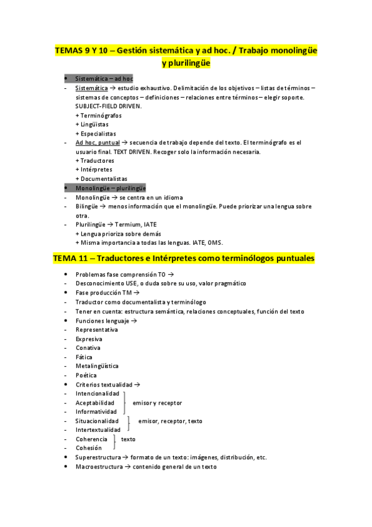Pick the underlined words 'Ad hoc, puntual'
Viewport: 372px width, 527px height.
coord(98,142)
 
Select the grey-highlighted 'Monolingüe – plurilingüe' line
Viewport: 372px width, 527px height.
coord(110,188)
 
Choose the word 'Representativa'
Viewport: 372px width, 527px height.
coord(96,330)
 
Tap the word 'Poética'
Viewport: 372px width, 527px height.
coord(86,375)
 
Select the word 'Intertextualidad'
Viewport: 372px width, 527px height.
coord(98,429)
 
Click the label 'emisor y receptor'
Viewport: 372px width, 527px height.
coord(157,403)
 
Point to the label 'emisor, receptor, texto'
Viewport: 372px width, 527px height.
coord(170,421)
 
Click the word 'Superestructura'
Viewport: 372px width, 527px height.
coord(98,457)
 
